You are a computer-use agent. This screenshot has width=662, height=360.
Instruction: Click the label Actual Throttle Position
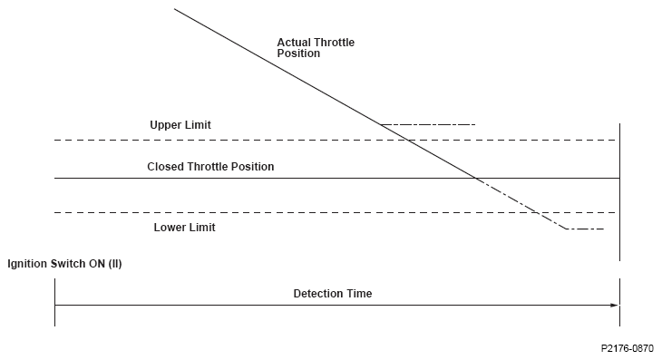coord(316,48)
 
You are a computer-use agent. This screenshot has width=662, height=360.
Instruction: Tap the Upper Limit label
coord(180,125)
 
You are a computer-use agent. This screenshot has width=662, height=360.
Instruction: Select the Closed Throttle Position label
coord(210,167)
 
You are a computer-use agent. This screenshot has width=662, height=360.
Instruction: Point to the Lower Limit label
coord(184,228)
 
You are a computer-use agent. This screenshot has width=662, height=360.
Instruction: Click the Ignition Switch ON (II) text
coord(64,264)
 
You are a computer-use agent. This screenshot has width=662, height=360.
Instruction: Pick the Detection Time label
coord(333,294)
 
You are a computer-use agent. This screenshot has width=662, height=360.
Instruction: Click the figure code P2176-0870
coord(628,348)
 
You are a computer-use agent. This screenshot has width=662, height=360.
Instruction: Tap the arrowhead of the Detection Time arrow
coord(615,305)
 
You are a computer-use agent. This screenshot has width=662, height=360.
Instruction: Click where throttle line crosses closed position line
coord(476,178)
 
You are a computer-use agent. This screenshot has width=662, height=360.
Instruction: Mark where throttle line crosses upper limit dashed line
coord(408,140)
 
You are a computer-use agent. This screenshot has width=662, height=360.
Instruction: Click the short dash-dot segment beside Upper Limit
coord(428,124)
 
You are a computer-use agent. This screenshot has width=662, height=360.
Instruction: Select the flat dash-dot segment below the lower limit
coord(585,229)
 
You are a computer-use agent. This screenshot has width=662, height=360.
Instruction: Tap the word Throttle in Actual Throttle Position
coord(333,43)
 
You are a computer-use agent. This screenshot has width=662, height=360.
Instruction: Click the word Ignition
coord(27,264)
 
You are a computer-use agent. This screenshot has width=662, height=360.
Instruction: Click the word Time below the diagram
coord(360,294)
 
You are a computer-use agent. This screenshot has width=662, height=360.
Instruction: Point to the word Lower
coord(169,228)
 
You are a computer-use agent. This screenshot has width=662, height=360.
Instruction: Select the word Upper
coord(165,125)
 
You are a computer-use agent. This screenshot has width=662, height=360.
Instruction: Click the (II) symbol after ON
coord(115,264)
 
